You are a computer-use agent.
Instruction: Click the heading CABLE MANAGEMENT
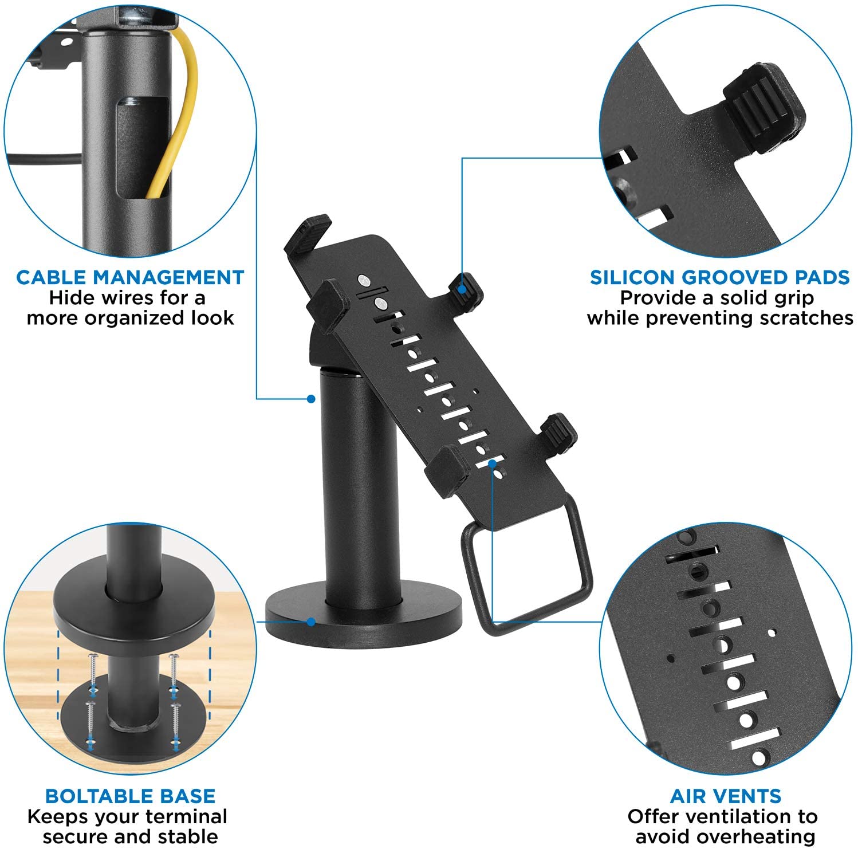(130, 277)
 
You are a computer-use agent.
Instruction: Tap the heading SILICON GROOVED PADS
(719, 277)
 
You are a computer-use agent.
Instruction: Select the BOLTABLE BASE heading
(130, 796)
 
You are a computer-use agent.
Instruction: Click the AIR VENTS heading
(725, 796)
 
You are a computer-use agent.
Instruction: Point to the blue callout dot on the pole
(311, 398)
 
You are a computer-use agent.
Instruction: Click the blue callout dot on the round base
(311, 622)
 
